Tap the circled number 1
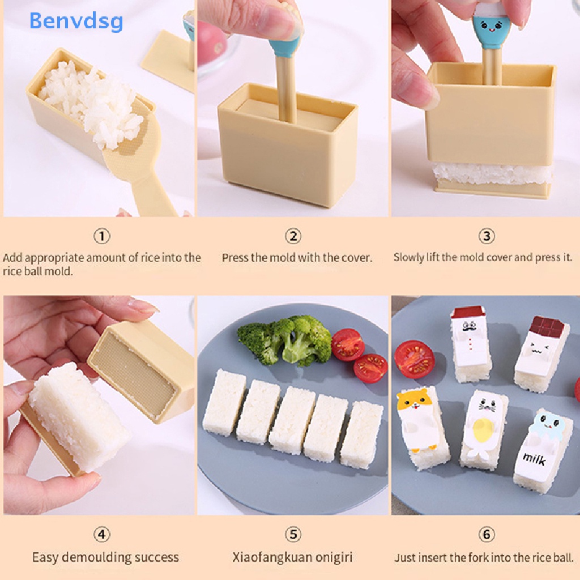[101, 236]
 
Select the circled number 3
[486, 236]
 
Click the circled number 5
[293, 534]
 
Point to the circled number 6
[486, 534]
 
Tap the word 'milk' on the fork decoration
[534, 458]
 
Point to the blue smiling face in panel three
[485, 27]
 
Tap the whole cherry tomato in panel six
[414, 359]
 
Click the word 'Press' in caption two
[235, 258]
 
